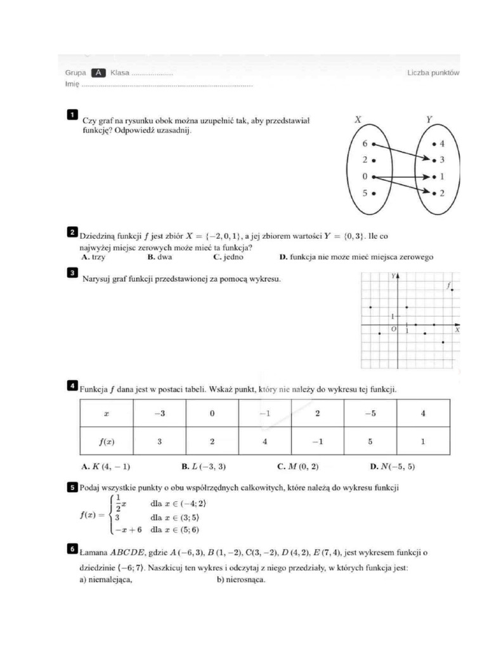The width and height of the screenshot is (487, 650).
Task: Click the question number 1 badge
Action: [x=72, y=114]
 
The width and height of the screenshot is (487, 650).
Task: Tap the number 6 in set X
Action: [x=365, y=144]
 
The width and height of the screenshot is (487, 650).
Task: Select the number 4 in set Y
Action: [x=442, y=144]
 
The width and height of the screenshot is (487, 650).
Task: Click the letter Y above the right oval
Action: [x=429, y=119]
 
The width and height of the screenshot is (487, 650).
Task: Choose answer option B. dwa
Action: [x=159, y=258]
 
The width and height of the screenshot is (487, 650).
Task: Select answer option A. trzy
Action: [x=94, y=258]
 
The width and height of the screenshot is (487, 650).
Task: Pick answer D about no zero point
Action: [x=356, y=258]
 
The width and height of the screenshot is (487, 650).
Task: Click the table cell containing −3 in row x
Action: [x=159, y=413]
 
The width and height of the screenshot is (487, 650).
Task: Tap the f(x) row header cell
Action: [x=106, y=441]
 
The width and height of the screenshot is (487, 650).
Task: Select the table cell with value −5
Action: [x=370, y=413]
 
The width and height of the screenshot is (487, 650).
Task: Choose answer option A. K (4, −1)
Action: [x=106, y=467]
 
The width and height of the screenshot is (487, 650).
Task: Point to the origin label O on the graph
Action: [x=393, y=329]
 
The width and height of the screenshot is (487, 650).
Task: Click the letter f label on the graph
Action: [x=448, y=286]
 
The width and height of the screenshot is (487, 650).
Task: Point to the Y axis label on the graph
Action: [x=394, y=277]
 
